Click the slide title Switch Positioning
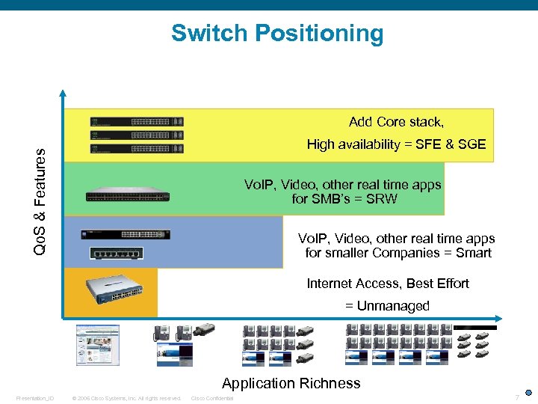click(276, 34)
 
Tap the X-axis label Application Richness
click(291, 384)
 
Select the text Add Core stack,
click(396, 122)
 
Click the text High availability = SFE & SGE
click(396, 144)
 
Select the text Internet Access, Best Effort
click(388, 284)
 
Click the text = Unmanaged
click(387, 306)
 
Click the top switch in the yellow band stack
click(137, 121)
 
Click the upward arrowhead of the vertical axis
click(64, 94)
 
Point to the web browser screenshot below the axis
click(97, 344)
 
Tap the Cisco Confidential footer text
click(212, 398)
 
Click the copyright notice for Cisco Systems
click(126, 398)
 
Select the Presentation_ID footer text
click(34, 398)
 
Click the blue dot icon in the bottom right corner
click(528, 392)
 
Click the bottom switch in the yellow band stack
click(137, 148)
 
